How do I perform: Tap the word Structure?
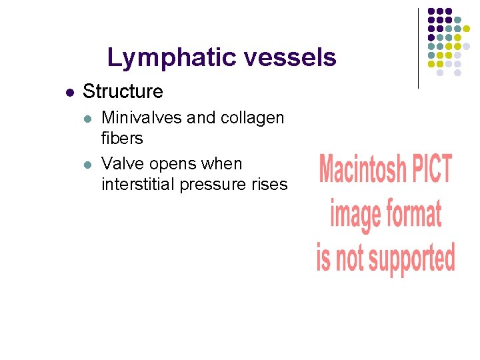pyautogui.click(x=123, y=92)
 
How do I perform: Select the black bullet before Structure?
pyautogui.click(x=69, y=93)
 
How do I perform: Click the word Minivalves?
pyautogui.click(x=141, y=118)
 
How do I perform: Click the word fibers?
pyautogui.click(x=122, y=138)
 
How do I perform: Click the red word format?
pyautogui.click(x=414, y=215)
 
